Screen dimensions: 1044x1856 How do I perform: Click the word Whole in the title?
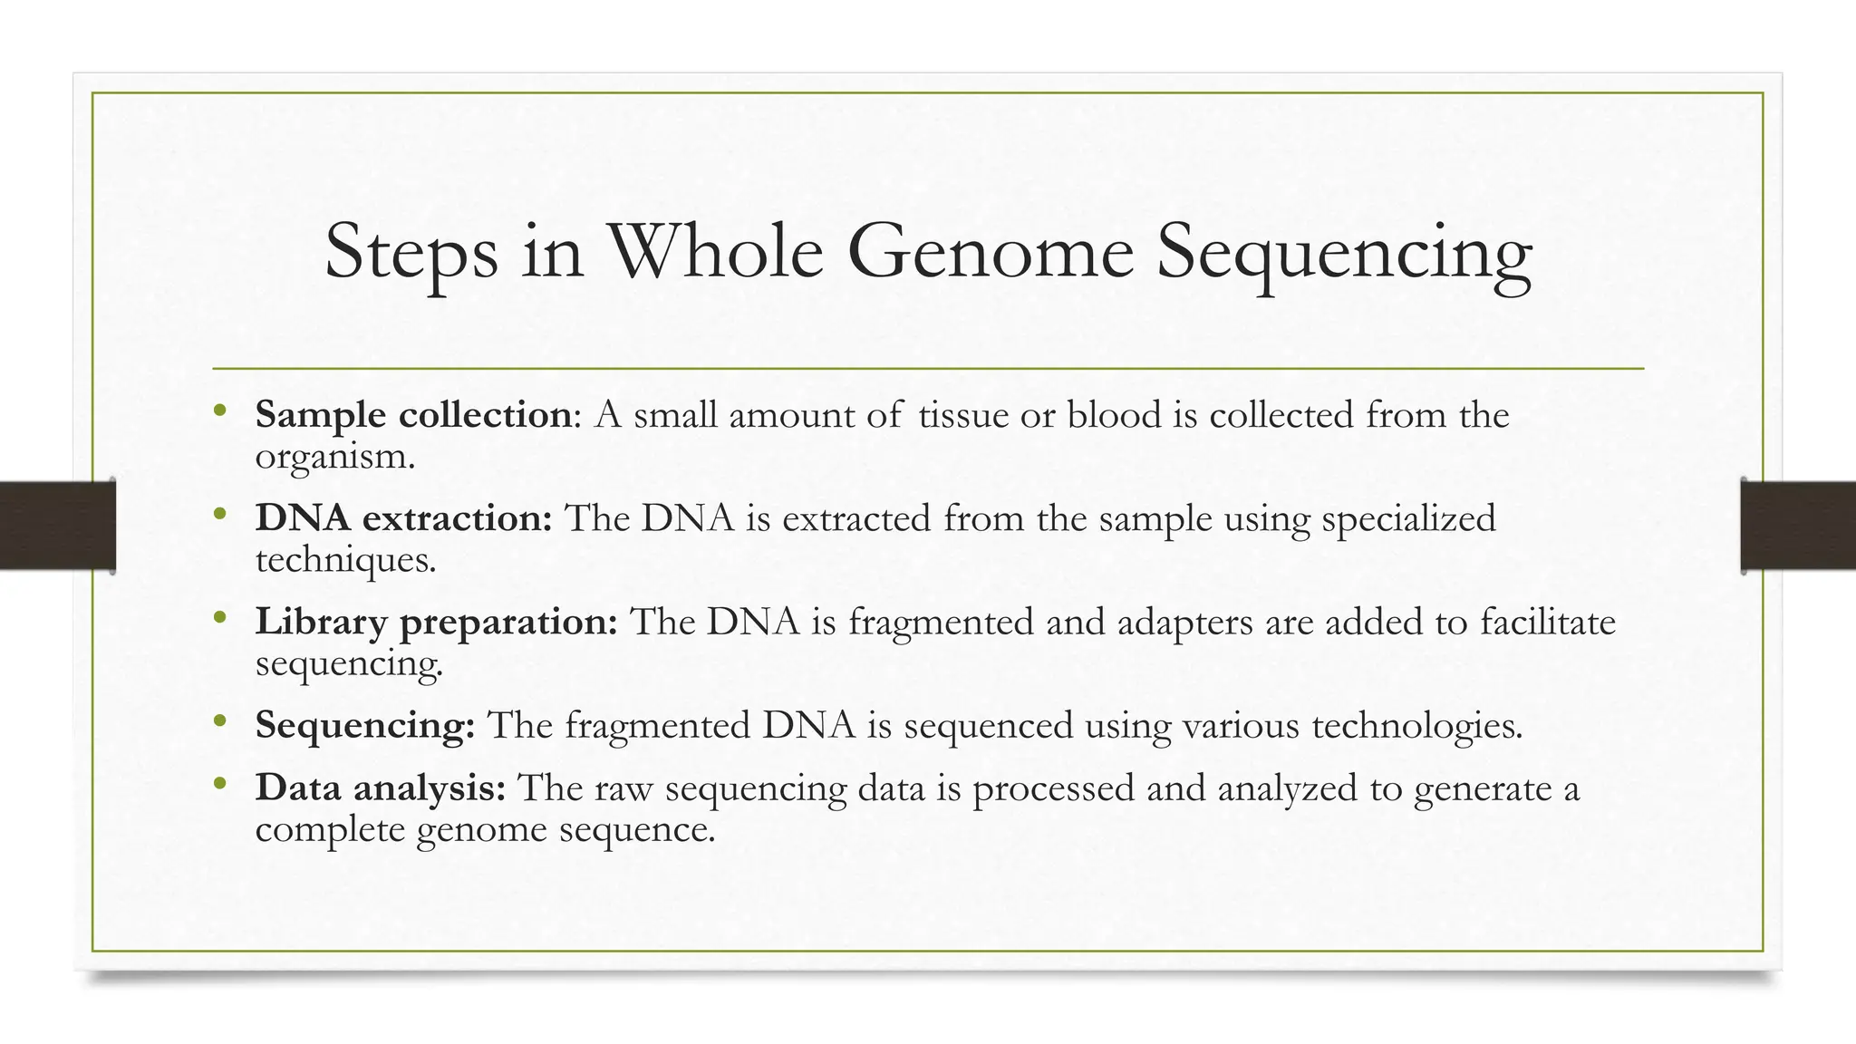715,251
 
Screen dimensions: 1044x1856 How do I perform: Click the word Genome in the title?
990,251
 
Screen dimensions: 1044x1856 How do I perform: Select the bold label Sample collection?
413,415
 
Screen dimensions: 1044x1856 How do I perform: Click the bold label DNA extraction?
403,518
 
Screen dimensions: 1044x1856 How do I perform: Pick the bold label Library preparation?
436,623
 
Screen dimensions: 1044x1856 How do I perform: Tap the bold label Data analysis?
381,788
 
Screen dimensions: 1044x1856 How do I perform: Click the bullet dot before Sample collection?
219,412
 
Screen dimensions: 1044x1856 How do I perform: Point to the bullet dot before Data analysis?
219,785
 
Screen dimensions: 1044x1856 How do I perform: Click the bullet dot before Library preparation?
219,619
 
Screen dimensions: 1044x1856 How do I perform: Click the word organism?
334,456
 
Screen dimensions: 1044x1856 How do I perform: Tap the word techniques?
345,560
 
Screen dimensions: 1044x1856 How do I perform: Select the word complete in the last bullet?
330,829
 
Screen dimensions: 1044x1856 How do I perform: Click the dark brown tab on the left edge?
57,526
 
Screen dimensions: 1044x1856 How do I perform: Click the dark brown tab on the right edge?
1798,526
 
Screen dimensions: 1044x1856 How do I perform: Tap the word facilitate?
1548,623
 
